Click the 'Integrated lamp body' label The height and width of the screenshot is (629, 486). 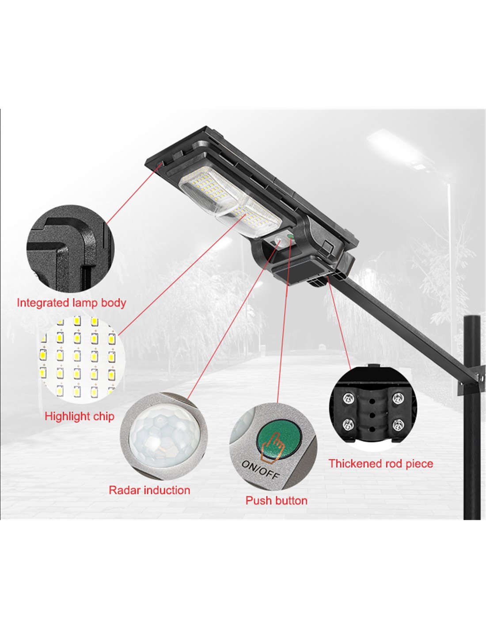coord(72,303)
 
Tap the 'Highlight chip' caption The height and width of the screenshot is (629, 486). coord(80,416)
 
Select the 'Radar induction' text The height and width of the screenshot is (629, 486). coord(149,490)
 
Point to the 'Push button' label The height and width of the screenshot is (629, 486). coord(277,500)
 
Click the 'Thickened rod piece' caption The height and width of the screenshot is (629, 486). coord(381,464)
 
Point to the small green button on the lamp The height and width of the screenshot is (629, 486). coord(290,237)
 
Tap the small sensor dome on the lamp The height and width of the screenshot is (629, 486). coord(279,239)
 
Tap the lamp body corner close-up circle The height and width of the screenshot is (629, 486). coord(71,248)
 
